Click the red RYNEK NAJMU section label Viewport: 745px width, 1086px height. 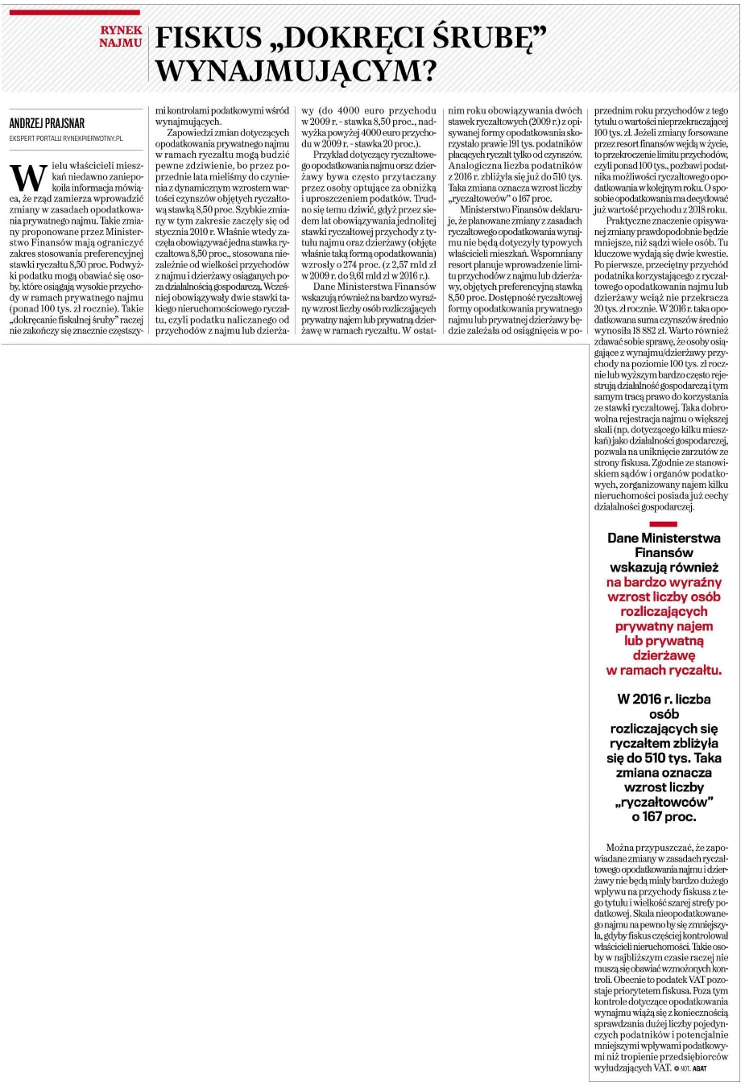121,36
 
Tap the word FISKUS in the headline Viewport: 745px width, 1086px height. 209,38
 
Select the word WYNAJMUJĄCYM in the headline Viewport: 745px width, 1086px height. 296,72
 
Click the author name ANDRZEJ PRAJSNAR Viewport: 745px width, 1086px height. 47,123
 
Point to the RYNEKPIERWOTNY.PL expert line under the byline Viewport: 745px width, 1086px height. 66,138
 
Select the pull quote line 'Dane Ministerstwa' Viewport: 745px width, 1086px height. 664,538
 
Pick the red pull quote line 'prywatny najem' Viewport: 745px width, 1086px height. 664,626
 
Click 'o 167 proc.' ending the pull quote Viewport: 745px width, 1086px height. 664,816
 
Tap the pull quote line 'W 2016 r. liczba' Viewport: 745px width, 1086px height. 664,699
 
